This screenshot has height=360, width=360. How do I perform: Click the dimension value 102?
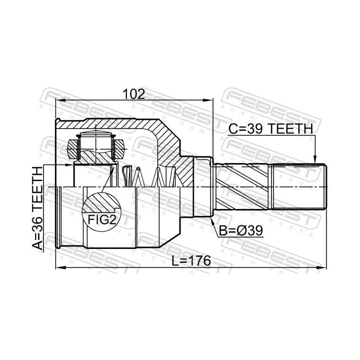(134, 93)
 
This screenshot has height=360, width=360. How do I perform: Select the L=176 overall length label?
(191, 260)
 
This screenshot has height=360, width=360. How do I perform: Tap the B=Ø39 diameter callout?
(240, 230)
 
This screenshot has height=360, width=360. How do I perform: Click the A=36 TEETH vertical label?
(37, 208)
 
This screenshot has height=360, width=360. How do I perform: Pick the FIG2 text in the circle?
(101, 219)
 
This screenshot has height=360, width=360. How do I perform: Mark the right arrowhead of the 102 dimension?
(208, 100)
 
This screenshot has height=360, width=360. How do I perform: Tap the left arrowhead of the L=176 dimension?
(60, 267)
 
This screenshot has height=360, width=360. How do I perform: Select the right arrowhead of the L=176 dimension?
(321, 267)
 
